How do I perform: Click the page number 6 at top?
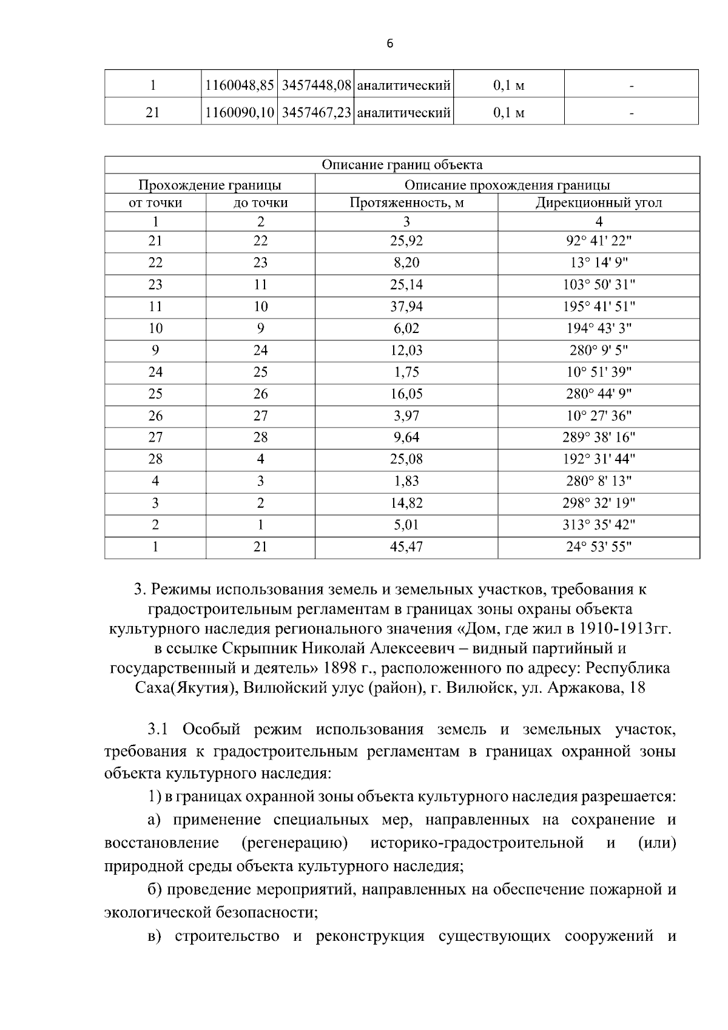pyautogui.click(x=389, y=44)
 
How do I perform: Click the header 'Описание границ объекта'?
pyautogui.click(x=402, y=165)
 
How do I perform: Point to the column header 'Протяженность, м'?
pyautogui.click(x=406, y=203)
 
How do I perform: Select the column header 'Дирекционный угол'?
pyautogui.click(x=598, y=203)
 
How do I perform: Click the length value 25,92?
pyautogui.click(x=406, y=241)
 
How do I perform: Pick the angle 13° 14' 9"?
pyautogui.click(x=598, y=263)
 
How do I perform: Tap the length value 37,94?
pyautogui.click(x=406, y=306)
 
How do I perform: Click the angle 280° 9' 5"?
pyautogui.click(x=598, y=350)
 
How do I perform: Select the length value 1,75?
pyautogui.click(x=406, y=372)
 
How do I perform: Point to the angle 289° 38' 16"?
pyautogui.click(x=598, y=437)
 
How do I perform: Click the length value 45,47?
pyautogui.click(x=406, y=547)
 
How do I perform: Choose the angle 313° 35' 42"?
pyautogui.click(x=598, y=525)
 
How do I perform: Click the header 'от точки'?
pyautogui.click(x=155, y=203)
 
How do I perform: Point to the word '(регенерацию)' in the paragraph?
pyautogui.click(x=294, y=843)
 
